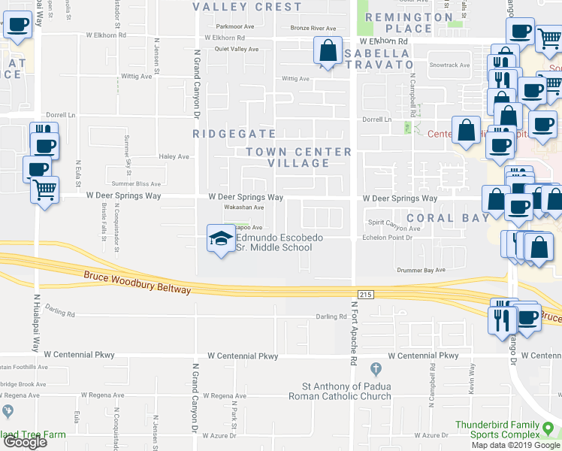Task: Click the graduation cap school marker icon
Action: pyautogui.click(x=220, y=238)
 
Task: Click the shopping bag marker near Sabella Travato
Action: pyautogui.click(x=328, y=52)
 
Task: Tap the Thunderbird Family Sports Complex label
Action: pyautogui.click(x=508, y=428)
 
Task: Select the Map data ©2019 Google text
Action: pyautogui.click(x=516, y=445)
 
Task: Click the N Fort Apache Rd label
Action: pyautogui.click(x=353, y=334)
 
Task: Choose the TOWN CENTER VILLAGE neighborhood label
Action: pyautogui.click(x=299, y=157)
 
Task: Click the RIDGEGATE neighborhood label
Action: pyautogui.click(x=225, y=133)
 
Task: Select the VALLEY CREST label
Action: pyautogui.click(x=247, y=7)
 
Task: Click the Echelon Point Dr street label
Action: pyautogui.click(x=388, y=238)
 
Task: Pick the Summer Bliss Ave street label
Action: pyautogui.click(x=136, y=183)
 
